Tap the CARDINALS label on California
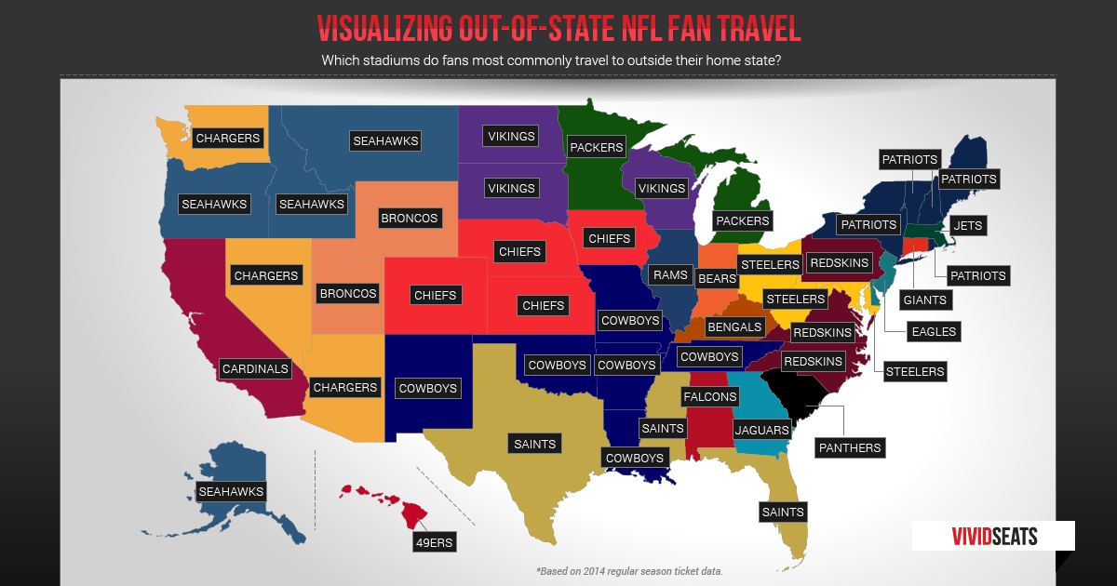(255, 368)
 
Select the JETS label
(968, 225)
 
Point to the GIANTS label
(924, 300)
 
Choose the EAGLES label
(934, 331)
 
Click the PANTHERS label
(849, 447)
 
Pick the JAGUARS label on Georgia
(761, 430)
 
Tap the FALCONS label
(710, 396)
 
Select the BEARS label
(717, 278)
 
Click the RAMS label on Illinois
(670, 274)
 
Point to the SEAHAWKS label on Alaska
(231, 491)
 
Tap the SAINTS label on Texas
(534, 444)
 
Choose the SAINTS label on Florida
(782, 512)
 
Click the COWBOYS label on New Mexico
(427, 387)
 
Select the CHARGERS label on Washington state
(227, 138)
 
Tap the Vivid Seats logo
(993, 536)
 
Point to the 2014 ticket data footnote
(629, 570)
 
